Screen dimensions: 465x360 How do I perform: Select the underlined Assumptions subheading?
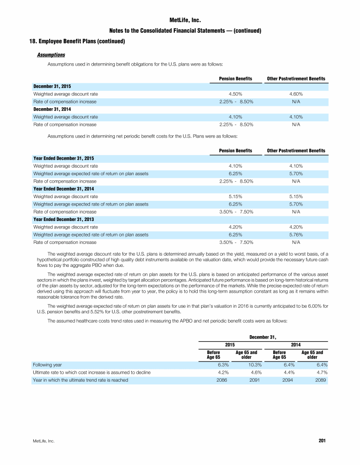pyautogui.click(x=51, y=55)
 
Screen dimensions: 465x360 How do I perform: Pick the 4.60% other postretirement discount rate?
pyautogui.click(x=296, y=94)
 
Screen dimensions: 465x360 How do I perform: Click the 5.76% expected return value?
pyautogui.click(x=296, y=235)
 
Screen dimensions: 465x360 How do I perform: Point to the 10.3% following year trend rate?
pyautogui.click(x=254, y=364)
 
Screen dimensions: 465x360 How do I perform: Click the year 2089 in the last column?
pyautogui.click(x=320, y=380)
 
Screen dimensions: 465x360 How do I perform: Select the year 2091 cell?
pyautogui.click(x=254, y=380)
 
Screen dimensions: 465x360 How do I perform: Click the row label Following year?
pyautogui.click(x=47, y=364)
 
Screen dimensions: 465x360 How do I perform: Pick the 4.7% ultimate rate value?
pyautogui.click(x=321, y=372)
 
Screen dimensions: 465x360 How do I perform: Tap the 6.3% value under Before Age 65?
pyautogui.click(x=222, y=364)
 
